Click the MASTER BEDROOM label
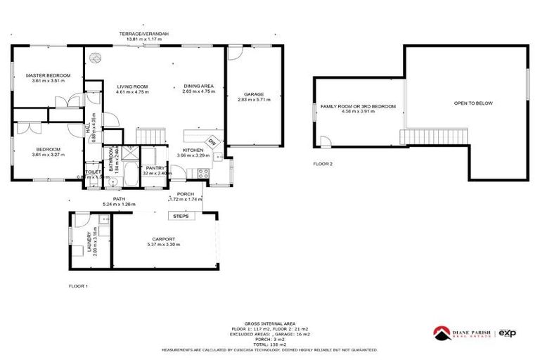[49, 75]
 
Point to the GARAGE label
[253, 94]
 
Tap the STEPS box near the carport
[179, 215]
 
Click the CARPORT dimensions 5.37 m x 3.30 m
[164, 244]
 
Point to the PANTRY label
[154, 168]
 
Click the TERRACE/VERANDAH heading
[143, 34]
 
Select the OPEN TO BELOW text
[473, 103]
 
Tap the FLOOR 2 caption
[323, 163]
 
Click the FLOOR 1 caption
[78, 286]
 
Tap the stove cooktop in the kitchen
[202, 173]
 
